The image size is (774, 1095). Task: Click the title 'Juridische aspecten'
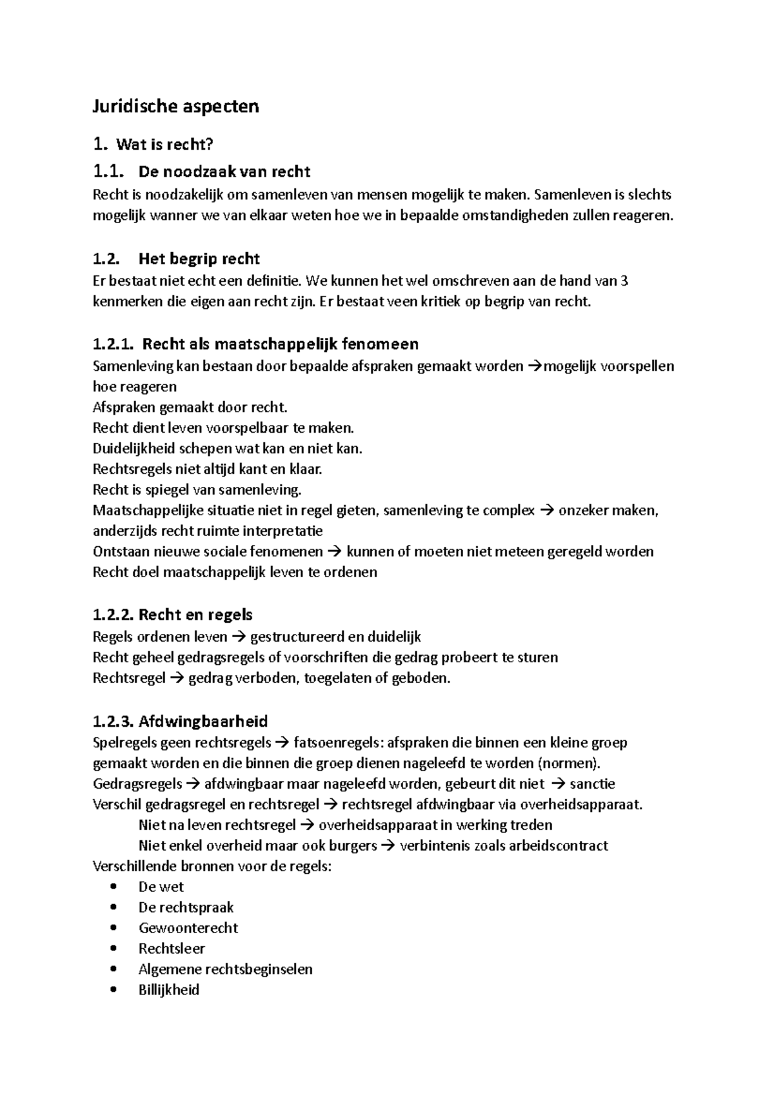(175, 106)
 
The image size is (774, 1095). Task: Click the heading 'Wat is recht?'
(164, 145)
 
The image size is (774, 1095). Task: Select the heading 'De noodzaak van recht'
(224, 172)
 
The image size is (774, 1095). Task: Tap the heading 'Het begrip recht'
(199, 259)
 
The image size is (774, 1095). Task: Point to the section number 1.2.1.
(114, 344)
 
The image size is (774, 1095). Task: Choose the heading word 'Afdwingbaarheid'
(203, 721)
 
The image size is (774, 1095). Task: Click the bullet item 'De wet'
(161, 887)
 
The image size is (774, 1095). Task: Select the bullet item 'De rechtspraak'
(186, 907)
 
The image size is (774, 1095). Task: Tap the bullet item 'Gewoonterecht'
(188, 928)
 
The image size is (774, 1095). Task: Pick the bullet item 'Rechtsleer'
(172, 949)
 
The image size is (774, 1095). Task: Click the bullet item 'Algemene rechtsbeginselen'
(225, 969)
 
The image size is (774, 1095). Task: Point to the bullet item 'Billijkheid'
(168, 990)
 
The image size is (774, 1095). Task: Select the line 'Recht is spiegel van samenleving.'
(197, 490)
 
